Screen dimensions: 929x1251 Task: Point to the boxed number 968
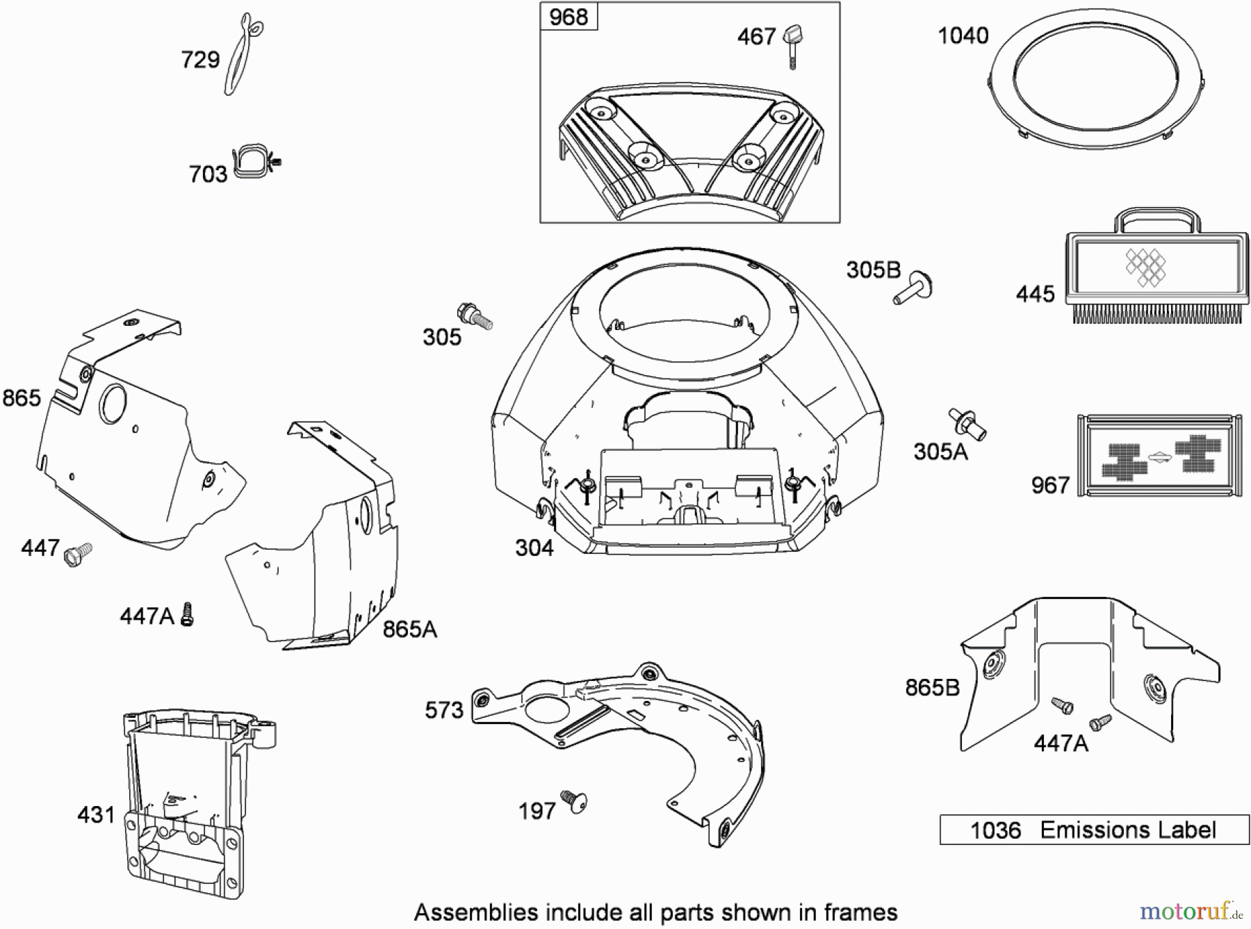tap(568, 17)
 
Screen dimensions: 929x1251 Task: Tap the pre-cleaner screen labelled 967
tap(1159, 456)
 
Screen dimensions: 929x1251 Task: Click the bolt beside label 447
tap(77, 554)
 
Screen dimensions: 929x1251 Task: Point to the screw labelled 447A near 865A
tap(186, 614)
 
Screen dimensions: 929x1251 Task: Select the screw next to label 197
tap(573, 801)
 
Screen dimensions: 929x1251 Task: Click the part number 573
tap(443, 710)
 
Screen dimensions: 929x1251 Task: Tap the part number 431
tap(96, 814)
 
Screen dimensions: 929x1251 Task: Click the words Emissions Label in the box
tap(1127, 830)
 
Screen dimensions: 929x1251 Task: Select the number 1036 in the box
tap(995, 830)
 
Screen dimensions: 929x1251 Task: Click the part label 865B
tap(931, 687)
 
